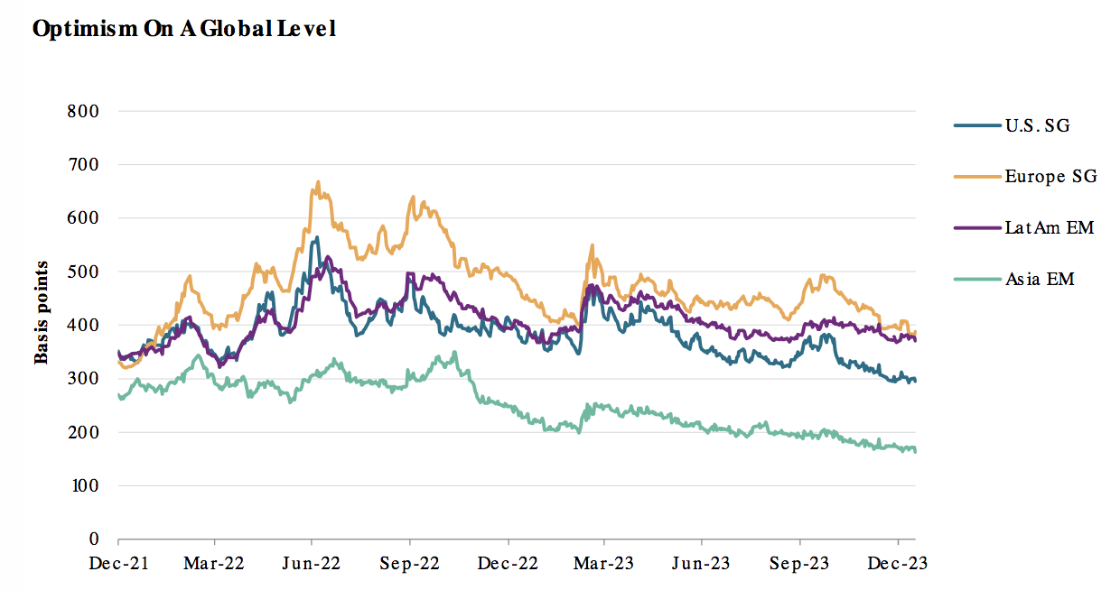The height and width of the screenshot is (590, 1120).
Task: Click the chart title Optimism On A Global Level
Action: point(183,29)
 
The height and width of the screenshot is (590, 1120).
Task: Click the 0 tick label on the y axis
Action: point(93,539)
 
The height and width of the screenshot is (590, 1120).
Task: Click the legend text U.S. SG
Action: point(1037,125)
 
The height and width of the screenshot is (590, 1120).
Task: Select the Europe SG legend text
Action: point(1050,177)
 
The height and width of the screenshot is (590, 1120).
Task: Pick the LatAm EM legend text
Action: point(1049,227)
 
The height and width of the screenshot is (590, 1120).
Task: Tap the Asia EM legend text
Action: point(1039,279)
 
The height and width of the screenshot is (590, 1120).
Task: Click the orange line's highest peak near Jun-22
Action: point(317,182)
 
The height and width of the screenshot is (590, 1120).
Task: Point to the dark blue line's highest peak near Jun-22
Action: point(315,238)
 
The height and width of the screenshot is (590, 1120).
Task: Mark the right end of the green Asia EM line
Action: point(915,450)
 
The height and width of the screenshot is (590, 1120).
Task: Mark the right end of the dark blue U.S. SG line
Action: point(915,381)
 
